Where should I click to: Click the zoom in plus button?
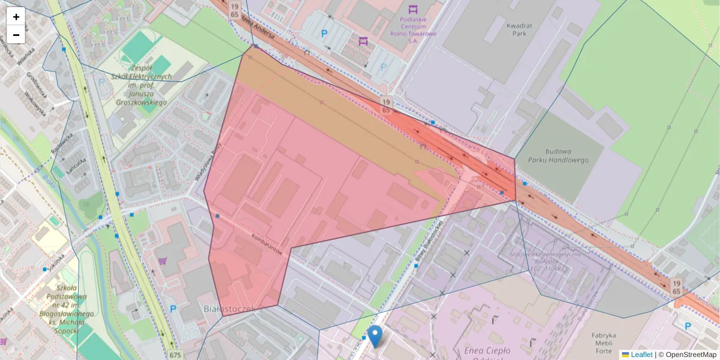[16, 17]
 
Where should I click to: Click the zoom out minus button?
[16, 35]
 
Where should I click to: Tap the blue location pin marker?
[375, 336]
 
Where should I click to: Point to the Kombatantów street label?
[266, 244]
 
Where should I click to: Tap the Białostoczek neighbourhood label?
[230, 308]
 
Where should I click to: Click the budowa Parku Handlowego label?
[559, 156]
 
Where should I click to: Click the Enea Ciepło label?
[487, 350]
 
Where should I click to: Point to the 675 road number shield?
[175, 355]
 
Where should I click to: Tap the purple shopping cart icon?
[163, 261]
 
